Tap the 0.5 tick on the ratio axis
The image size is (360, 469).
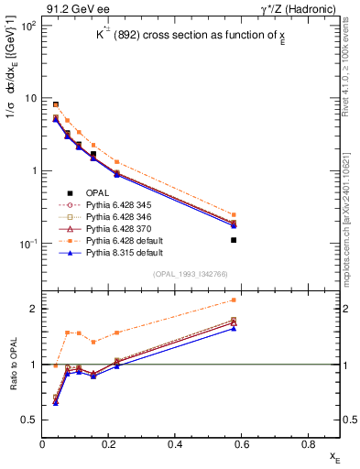coord(31,420)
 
